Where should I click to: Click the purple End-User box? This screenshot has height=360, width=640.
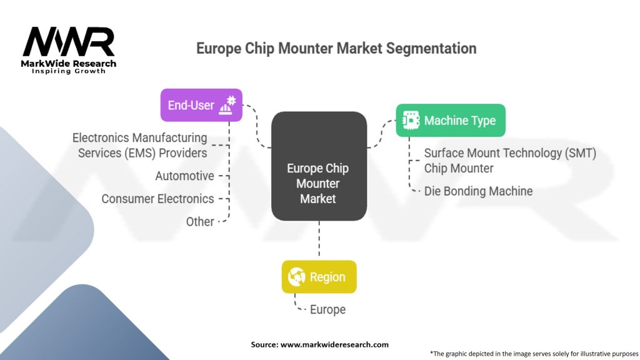pos(201,105)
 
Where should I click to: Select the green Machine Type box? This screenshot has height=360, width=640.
pos(451,121)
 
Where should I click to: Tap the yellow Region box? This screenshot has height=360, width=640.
pos(319,277)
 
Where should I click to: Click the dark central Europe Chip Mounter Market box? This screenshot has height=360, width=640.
pos(319,166)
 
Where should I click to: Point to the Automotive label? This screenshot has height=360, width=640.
pos(184,176)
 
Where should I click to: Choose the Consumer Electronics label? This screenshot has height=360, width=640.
pos(157,199)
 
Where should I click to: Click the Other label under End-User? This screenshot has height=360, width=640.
pos(200,222)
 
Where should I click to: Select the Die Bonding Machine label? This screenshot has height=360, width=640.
pos(478,191)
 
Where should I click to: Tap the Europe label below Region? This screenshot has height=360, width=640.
pos(327,309)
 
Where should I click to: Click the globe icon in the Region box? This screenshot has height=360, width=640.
pos(296,277)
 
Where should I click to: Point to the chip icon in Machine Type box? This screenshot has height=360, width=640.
pos(411,121)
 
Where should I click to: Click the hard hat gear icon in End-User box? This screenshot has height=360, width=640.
pos(227,105)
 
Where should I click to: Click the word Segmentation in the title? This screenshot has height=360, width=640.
pos(431,49)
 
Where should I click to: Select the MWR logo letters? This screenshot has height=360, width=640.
pos(69,42)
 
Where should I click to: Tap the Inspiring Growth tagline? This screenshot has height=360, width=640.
pos(69,71)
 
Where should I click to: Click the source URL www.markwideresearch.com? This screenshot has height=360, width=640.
pos(334,344)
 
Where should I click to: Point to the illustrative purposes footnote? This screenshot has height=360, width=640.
pos(534,354)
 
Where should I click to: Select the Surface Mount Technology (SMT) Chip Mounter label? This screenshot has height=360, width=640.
pos(510,161)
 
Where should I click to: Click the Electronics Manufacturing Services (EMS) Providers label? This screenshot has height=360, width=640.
pos(139,145)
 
